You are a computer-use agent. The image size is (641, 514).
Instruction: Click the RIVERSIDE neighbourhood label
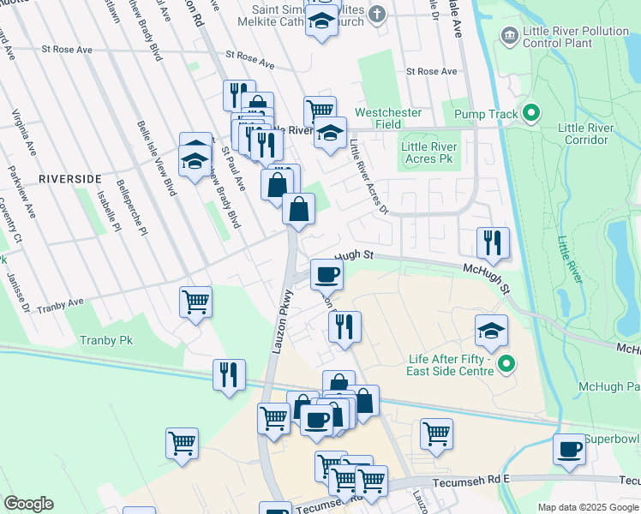[69, 178]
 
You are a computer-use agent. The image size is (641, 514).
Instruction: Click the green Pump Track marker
[530, 113]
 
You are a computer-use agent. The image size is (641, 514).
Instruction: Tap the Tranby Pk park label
[107, 340]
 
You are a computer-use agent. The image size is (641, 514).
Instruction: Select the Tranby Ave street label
[62, 304]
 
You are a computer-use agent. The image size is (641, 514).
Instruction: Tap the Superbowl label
[612, 439]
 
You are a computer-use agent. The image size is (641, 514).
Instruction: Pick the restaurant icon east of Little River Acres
[493, 242]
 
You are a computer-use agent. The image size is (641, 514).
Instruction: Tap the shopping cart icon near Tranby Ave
[196, 302]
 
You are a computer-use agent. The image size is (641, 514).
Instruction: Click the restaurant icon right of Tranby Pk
[229, 374]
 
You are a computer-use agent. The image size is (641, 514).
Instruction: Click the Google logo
[28, 504]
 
